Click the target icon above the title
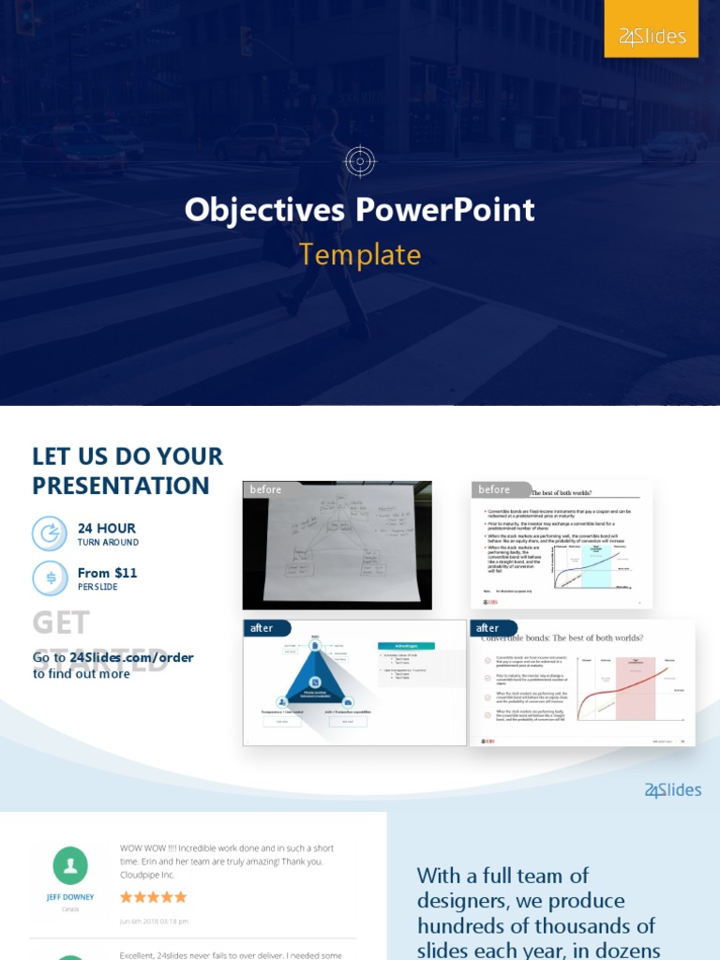360,161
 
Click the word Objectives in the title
264,209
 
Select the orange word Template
360,254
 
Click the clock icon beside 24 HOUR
50,533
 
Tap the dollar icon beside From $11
50,577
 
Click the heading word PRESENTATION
121,486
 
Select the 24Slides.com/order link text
131,657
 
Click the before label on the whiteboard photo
266,489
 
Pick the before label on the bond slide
495,489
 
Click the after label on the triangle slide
263,628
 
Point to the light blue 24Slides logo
673,790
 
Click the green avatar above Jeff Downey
70,865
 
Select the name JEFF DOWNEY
70,897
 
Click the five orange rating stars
154,897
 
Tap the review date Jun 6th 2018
155,921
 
